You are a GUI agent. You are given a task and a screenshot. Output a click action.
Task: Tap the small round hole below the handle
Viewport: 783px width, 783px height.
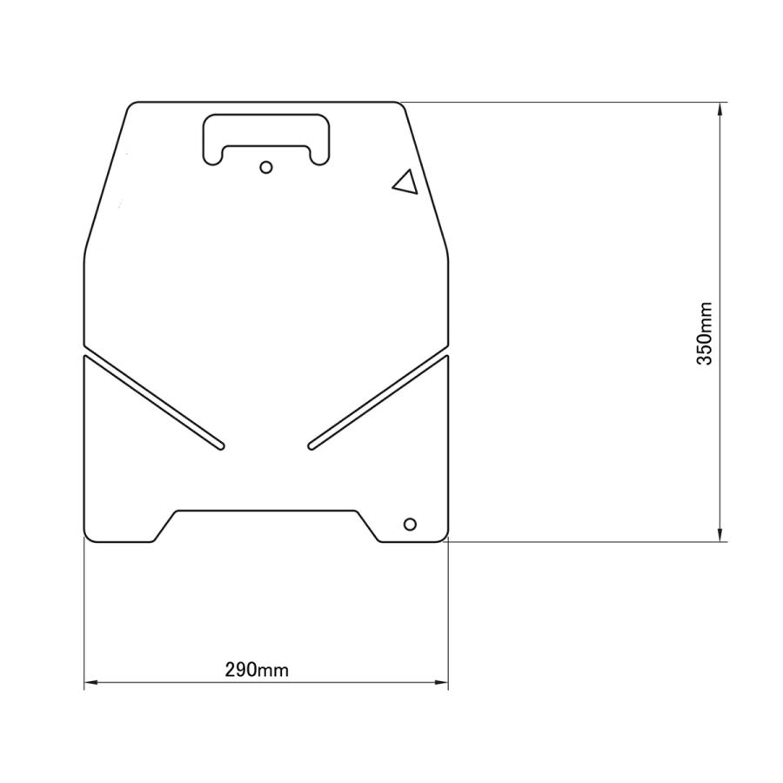(267, 166)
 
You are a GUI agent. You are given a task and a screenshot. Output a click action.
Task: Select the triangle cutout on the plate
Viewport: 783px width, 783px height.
(405, 182)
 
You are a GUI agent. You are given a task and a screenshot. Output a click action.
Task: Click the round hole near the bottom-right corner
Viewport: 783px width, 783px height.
(410, 524)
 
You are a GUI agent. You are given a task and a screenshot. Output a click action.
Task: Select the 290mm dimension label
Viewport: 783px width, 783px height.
(257, 670)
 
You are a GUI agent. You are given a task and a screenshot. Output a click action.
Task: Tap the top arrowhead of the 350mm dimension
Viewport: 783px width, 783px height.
(720, 109)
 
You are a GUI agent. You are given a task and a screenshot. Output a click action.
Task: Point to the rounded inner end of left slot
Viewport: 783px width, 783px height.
(221, 446)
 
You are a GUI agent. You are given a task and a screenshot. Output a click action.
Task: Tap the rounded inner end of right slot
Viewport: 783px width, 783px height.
(312, 446)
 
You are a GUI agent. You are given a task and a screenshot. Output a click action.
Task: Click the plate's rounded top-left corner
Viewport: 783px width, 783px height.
(131, 106)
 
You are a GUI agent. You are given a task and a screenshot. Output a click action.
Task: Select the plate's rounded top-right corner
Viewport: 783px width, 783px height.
(401, 106)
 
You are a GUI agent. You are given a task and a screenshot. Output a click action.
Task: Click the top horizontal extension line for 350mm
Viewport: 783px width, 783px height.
(565, 103)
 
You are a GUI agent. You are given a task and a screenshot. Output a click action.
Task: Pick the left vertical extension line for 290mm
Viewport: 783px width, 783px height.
(84, 609)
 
